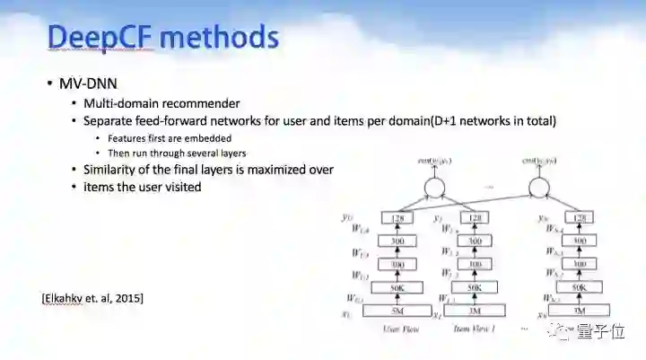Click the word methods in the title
(220, 39)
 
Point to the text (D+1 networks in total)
(489, 120)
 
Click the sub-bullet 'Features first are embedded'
(170, 138)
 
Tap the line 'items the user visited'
(142, 187)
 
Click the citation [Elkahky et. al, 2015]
(93, 297)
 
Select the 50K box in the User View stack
(397, 287)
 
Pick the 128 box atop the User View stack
(397, 218)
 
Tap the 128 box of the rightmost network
(580, 218)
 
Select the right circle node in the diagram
(538, 188)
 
